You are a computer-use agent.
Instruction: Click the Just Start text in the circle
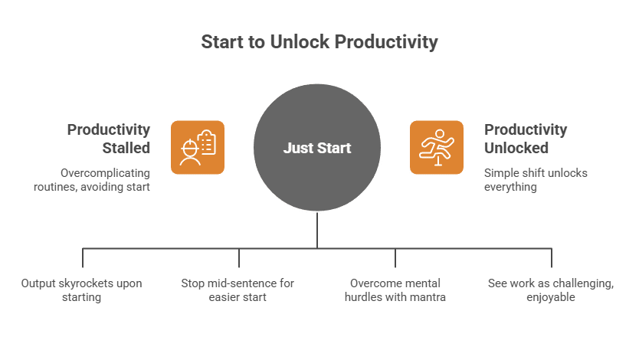317,148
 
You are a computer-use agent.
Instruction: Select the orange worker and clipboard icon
197,147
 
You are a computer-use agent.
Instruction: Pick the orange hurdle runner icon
436,147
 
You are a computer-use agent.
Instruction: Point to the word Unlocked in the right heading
516,147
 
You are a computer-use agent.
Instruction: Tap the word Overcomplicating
105,173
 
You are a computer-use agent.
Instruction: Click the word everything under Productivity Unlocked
510,187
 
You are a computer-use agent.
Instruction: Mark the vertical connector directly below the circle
317,230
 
